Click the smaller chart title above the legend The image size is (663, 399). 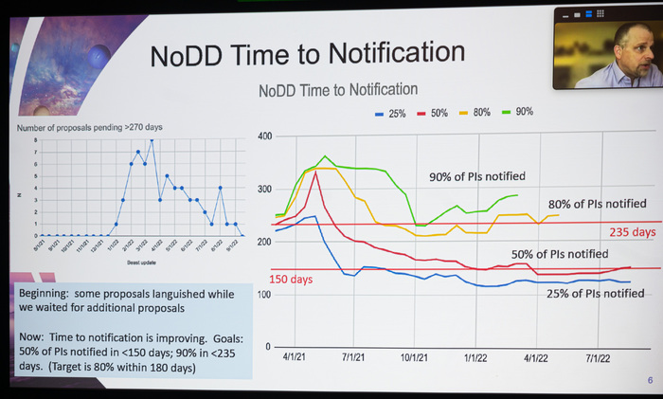pyautogui.click(x=338, y=90)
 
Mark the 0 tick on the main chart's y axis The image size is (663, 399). pyautogui.click(x=268, y=347)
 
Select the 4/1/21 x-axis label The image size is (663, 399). pyautogui.click(x=296, y=360)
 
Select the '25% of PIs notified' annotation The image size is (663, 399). pyautogui.click(x=596, y=294)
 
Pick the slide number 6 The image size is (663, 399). pyautogui.click(x=650, y=380)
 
